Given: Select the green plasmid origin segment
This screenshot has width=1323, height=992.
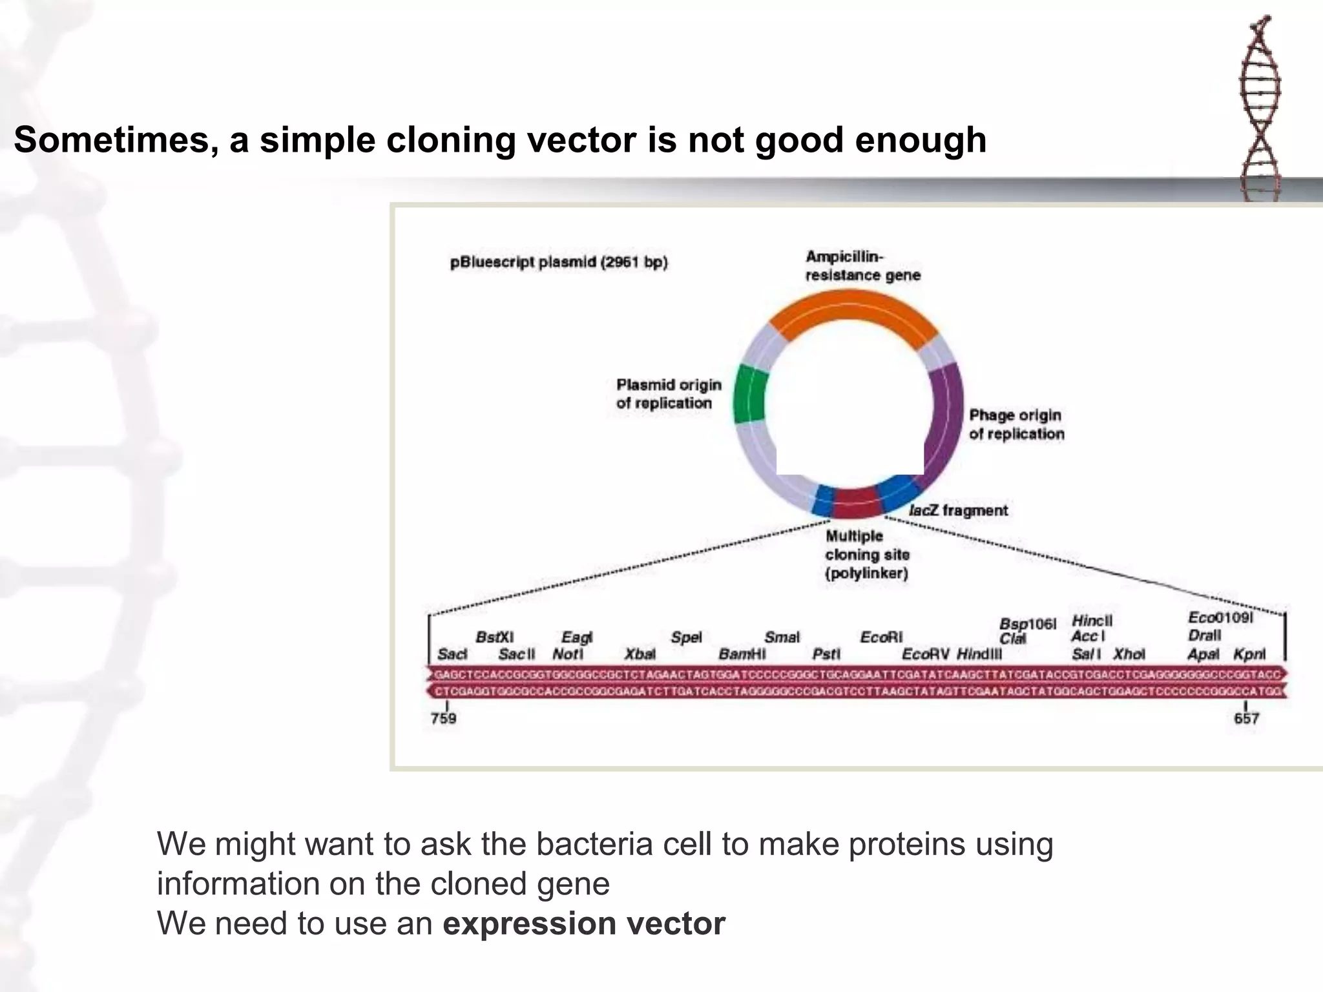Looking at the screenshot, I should (x=749, y=394).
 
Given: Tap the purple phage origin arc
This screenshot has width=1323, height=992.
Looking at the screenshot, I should (x=944, y=420).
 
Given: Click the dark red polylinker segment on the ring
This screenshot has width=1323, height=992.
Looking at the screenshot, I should (x=856, y=502).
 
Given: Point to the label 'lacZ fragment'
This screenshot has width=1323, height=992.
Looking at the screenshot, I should (x=958, y=511).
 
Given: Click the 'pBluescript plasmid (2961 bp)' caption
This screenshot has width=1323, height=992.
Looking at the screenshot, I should (x=559, y=262).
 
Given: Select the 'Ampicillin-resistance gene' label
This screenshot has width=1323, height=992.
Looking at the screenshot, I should (x=862, y=266).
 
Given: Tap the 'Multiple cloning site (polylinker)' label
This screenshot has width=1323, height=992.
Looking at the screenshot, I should (x=866, y=555).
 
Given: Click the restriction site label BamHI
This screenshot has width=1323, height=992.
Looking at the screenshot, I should (x=742, y=654).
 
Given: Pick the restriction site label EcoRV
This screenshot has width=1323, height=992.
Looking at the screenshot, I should (x=925, y=654).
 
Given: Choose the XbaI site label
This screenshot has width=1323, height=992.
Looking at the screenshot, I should (x=640, y=654).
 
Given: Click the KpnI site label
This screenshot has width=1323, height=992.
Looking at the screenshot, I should (x=1249, y=654).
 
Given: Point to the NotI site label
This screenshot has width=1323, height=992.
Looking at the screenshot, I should (x=567, y=654).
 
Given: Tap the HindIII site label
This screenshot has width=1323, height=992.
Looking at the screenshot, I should (x=979, y=654).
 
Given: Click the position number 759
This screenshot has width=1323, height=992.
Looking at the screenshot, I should (x=443, y=718).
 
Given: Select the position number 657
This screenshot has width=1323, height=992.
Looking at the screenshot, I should (x=1246, y=718).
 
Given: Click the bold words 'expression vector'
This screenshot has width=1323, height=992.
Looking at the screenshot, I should (x=583, y=924).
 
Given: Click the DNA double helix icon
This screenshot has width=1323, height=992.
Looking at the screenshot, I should (x=1260, y=107).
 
